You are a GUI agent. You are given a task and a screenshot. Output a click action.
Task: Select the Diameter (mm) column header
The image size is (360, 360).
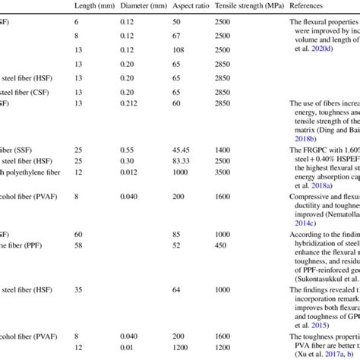tap(143, 6)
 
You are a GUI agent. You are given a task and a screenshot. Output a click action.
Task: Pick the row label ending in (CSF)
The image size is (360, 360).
tap(30, 90)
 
